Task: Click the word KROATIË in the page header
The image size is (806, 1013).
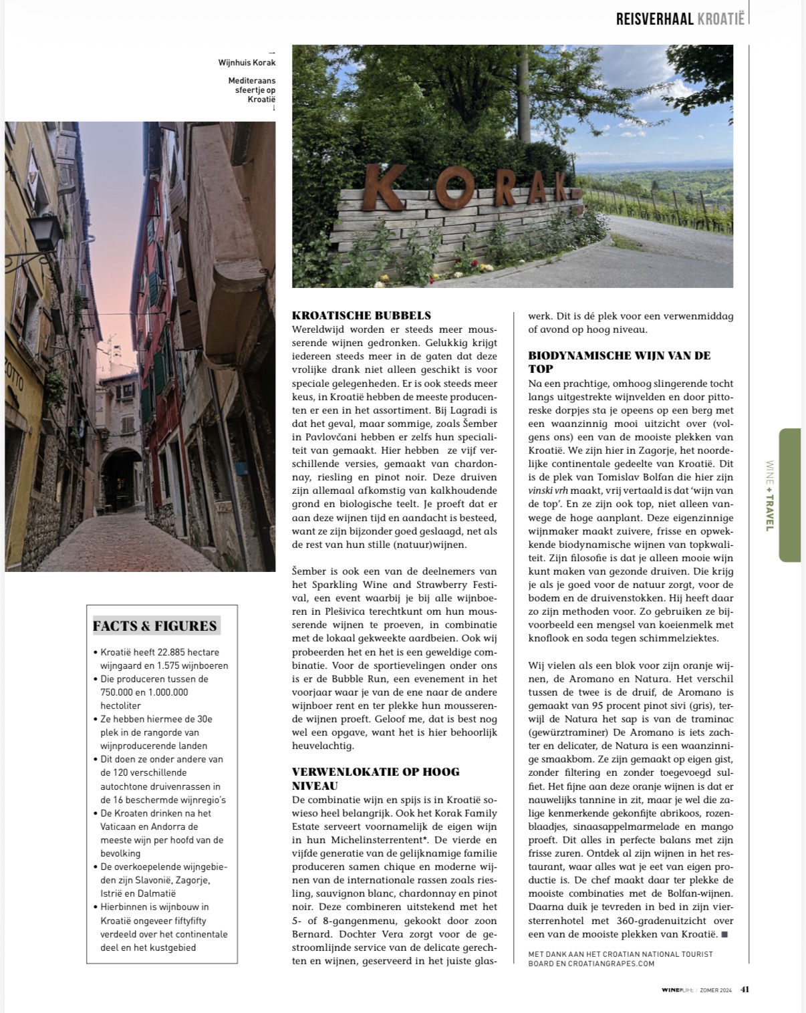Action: pos(720,19)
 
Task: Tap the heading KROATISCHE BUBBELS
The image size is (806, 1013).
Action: pos(362,315)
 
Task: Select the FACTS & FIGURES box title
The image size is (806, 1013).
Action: pos(155,626)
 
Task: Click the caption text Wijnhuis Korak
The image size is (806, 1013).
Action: pos(247,63)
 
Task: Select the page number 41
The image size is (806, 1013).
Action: pos(745,990)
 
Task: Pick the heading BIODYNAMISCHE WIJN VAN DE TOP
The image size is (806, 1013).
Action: pos(619,361)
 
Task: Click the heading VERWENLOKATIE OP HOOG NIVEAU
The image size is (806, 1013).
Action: pos(376,778)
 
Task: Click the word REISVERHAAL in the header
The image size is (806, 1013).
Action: pos(655,19)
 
